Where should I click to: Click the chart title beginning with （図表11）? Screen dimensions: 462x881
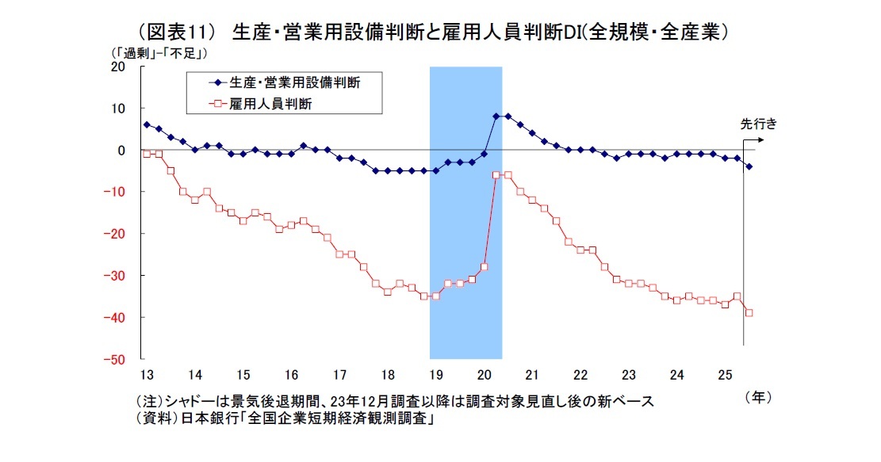tap(433, 32)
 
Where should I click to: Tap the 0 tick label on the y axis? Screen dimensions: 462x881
tap(121, 150)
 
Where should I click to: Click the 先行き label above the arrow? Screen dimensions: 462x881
tap(757, 124)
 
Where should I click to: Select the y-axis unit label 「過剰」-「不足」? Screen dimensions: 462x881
tap(159, 53)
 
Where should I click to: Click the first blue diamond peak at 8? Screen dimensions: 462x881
tap(496, 116)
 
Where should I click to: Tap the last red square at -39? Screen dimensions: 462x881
tap(749, 312)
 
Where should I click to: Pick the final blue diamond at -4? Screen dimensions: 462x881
tap(749, 166)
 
